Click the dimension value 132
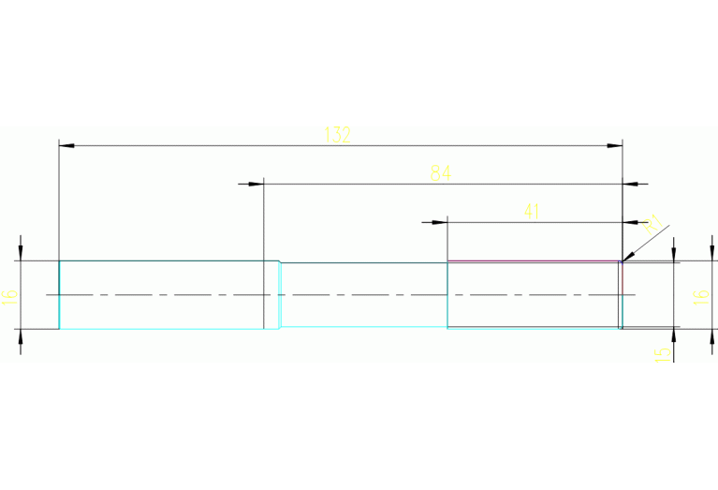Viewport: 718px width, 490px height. click(x=337, y=135)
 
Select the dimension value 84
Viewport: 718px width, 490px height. click(x=441, y=173)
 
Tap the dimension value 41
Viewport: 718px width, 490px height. click(x=532, y=212)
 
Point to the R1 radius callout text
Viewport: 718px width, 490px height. click(x=652, y=223)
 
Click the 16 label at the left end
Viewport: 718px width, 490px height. click(x=10, y=296)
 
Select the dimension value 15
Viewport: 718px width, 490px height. click(x=663, y=354)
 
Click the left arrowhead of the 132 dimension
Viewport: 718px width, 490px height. click(x=66, y=146)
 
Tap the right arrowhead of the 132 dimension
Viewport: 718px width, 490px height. click(x=615, y=146)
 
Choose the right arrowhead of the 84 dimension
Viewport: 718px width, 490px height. click(x=631, y=184)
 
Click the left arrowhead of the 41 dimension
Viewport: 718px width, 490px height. click(x=440, y=222)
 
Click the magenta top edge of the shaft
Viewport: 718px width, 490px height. click(x=534, y=260)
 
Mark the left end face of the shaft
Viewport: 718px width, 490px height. click(x=60, y=295)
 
